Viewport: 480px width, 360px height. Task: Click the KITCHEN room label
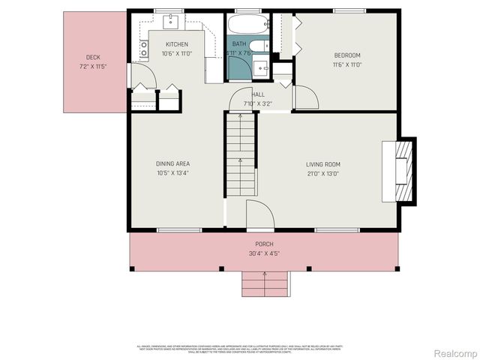tap(176, 44)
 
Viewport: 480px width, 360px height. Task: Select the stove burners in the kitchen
tap(142, 49)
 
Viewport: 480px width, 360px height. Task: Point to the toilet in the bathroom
tap(256, 47)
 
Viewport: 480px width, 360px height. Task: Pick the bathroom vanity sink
tap(262, 69)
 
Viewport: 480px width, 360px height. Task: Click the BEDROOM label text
tap(347, 55)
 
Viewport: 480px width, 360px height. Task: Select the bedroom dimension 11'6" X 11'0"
tap(347, 64)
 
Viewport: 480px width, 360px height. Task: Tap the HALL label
tap(257, 94)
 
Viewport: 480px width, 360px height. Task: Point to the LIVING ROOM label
tap(322, 164)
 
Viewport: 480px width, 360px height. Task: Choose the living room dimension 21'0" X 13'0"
tap(322, 173)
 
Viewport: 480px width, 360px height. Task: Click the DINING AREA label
tap(172, 164)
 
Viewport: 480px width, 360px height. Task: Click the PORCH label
tap(264, 244)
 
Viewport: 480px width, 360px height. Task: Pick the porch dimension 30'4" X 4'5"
tap(264, 253)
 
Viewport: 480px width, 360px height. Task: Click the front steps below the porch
tap(265, 283)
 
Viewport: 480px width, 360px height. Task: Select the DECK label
tap(93, 58)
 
